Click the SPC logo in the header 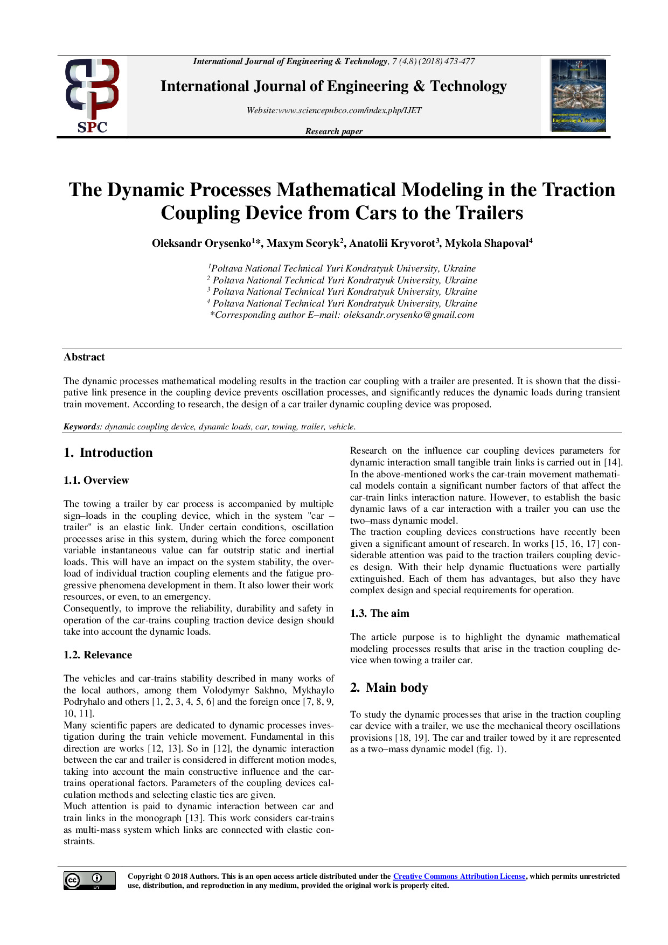click(x=92, y=96)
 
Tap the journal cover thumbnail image click(x=578, y=95)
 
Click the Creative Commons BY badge click(x=89, y=880)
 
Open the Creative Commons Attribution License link click(x=459, y=877)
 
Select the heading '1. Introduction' click(x=108, y=453)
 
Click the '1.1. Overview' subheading click(x=96, y=481)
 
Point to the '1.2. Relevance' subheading click(x=98, y=655)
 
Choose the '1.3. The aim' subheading click(x=379, y=614)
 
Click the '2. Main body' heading click(x=389, y=688)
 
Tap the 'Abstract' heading click(x=84, y=357)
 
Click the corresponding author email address click(x=409, y=315)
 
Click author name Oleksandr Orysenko click(x=201, y=244)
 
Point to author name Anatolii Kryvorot click(x=392, y=244)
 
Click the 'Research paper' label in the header click(x=333, y=131)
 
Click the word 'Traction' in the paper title click(x=579, y=190)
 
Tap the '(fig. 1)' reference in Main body click(x=490, y=749)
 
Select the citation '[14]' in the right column click(x=612, y=463)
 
